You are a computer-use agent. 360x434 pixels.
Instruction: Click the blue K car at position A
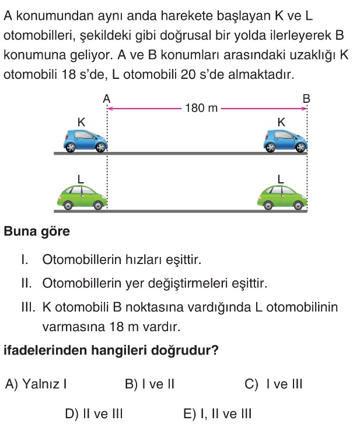85,141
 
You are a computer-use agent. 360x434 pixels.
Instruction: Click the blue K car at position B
285,141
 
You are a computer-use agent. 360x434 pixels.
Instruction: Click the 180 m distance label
201,108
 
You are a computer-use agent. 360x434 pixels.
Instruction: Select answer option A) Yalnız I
36,384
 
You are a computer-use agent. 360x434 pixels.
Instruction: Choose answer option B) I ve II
150,384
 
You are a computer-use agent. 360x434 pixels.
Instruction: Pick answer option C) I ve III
274,384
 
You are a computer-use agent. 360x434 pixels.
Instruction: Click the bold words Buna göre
37,231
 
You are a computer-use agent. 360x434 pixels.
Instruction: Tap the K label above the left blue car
81,122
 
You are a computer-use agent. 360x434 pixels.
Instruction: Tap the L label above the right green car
281,178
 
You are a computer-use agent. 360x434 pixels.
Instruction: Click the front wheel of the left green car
97,204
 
